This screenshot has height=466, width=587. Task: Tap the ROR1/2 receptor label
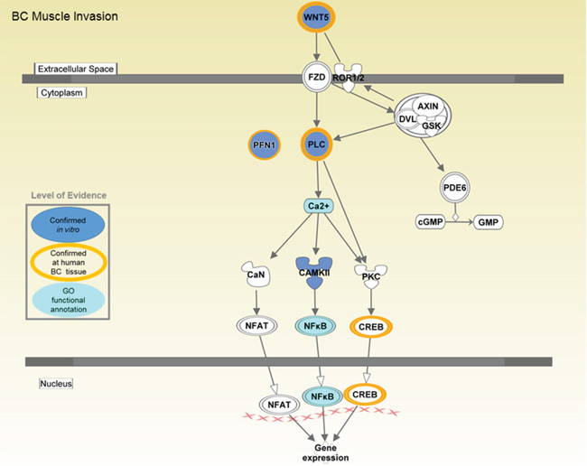349,79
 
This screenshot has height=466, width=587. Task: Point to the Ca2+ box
317,207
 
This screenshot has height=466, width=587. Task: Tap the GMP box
489,221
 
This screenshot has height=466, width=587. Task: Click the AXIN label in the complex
428,106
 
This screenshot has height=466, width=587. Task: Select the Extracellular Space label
76,69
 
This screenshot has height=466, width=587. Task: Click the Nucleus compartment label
56,384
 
